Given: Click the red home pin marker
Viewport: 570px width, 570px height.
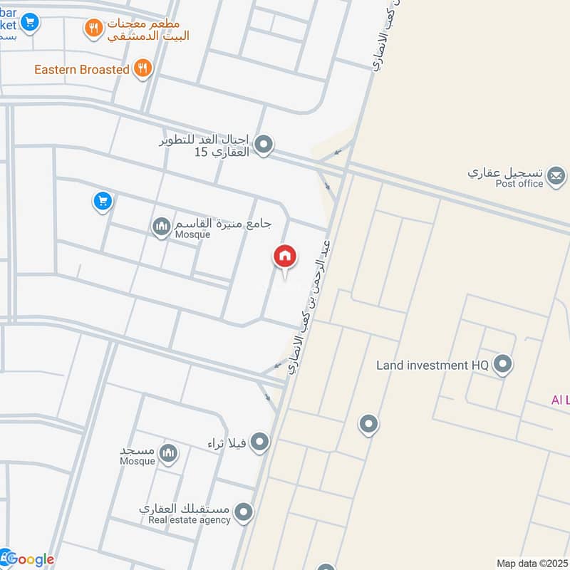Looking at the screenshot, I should point(285,257).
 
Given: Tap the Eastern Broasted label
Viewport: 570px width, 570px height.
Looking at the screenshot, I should point(82,69).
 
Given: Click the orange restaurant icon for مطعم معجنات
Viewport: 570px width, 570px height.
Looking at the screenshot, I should point(93,28).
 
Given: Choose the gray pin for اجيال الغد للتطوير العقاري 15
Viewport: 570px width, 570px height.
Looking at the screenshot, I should point(264,145).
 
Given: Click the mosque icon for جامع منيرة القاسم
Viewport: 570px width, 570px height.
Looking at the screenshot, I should point(161,227).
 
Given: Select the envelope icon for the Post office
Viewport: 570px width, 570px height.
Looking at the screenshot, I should point(556,175).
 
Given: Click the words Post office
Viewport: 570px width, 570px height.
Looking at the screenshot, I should point(519,184).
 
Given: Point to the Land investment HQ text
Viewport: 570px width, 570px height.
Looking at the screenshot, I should point(432,366).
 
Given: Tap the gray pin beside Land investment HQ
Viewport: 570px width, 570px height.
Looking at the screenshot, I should point(503,365).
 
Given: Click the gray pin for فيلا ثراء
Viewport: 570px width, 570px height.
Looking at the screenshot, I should point(259,442).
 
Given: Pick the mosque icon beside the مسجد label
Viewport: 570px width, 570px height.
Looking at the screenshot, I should point(168,453).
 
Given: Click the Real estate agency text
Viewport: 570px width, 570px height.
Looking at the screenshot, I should point(190,520).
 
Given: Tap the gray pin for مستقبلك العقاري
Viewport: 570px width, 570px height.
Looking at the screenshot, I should point(244,512).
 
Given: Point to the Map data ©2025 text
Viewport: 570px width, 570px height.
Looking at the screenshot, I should point(532,563).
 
